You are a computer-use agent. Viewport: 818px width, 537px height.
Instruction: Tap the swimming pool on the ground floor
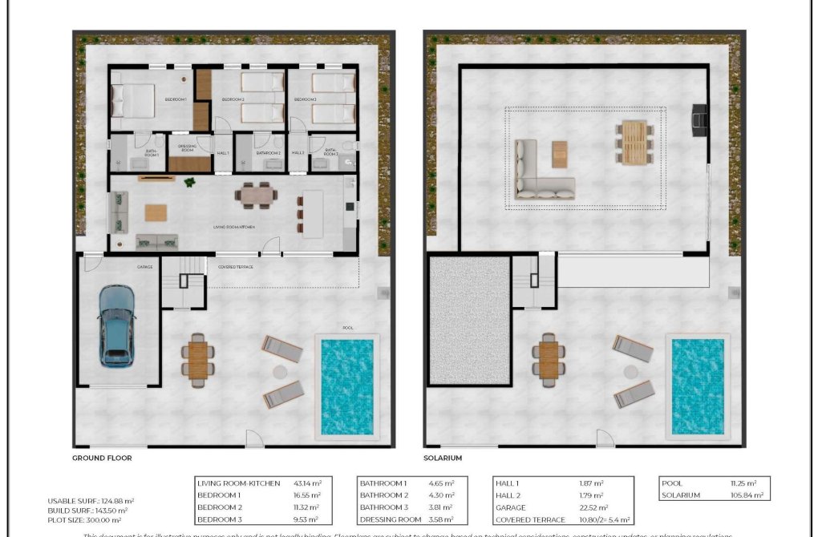pyautogui.click(x=347, y=386)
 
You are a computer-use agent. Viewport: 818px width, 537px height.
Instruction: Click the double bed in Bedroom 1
pyautogui.click(x=133, y=101)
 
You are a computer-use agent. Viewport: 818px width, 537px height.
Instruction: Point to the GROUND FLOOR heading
pyautogui.click(x=102, y=458)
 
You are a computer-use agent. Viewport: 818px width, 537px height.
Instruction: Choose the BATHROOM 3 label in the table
pyautogui.click(x=384, y=507)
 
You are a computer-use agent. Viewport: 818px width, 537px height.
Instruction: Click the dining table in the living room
pyautogui.click(x=256, y=193)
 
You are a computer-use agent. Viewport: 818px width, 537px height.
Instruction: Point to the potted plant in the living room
pyautogui.click(x=189, y=183)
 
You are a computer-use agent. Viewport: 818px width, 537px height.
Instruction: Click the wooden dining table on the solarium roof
pyautogui.click(x=634, y=143)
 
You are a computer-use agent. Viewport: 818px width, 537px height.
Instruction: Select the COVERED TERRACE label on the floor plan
pyautogui.click(x=236, y=267)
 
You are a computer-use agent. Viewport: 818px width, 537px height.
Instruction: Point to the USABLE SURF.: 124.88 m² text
pyautogui.click(x=89, y=501)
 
